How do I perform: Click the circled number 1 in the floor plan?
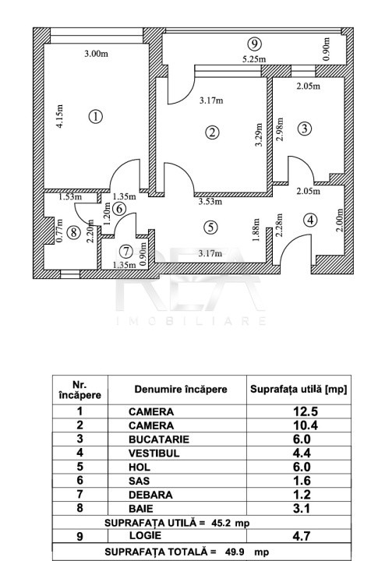[96, 117]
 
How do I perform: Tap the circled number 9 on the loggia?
[254, 44]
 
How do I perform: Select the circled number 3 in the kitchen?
[305, 128]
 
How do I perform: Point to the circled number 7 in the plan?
[126, 252]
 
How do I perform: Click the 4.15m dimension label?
[60, 116]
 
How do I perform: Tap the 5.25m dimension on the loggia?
[254, 59]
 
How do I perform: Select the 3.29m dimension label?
[259, 135]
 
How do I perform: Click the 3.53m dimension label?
[210, 202]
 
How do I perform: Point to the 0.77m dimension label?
[60, 231]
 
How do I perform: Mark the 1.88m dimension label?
[256, 230]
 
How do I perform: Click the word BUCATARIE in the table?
[159, 439]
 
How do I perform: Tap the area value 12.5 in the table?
[306, 411]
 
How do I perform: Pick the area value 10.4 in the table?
[306, 425]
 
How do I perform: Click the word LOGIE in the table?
[145, 535]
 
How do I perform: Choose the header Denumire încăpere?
[181, 390]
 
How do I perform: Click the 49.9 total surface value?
[235, 552]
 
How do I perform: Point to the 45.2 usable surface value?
[221, 523]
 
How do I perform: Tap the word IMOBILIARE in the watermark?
[191, 320]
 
